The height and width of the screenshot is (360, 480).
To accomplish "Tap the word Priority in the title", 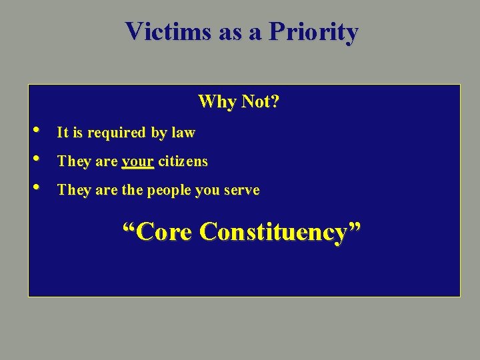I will coord(313,31).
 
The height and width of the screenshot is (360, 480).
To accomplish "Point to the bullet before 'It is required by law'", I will coord(35,129).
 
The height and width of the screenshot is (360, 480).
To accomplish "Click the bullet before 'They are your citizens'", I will coord(35,158).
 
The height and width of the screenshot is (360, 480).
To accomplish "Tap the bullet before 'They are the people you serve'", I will coord(35,187).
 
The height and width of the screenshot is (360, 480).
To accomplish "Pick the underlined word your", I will coord(138,162).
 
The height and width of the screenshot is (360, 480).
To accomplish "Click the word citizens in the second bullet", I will coord(183,161).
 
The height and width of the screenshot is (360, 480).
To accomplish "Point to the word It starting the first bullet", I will coord(63,133).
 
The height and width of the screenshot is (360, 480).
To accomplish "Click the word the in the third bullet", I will coord(132,191).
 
